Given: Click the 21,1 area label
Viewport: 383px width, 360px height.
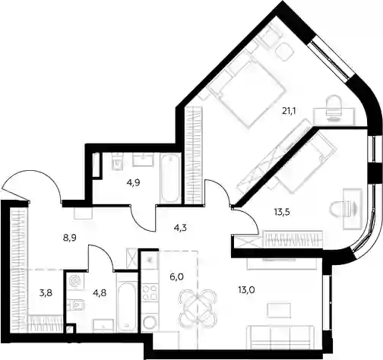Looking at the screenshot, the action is click(x=289, y=110).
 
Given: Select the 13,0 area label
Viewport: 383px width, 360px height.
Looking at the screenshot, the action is click(x=246, y=290).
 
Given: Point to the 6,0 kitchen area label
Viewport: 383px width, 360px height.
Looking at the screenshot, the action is click(x=177, y=276).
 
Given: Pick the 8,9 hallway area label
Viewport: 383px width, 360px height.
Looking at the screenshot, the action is click(x=70, y=238).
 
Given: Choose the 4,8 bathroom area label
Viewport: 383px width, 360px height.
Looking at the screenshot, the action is click(x=100, y=293).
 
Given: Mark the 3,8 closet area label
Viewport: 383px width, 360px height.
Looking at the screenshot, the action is click(x=46, y=294).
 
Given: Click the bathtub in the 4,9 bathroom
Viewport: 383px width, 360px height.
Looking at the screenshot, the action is click(x=170, y=178).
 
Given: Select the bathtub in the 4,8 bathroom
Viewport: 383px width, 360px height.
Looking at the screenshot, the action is click(x=128, y=307).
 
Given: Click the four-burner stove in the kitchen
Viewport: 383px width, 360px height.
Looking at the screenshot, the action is click(x=150, y=293).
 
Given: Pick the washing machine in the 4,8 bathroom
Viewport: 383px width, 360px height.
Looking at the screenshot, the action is click(x=74, y=281).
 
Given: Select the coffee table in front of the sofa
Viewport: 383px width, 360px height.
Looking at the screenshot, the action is click(x=279, y=311).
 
